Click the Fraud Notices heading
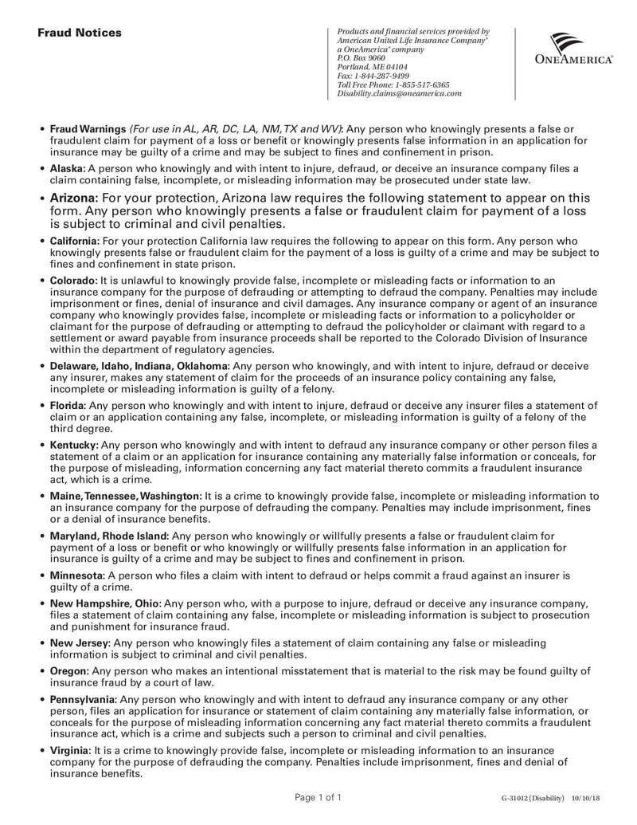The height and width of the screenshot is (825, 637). [x=80, y=33]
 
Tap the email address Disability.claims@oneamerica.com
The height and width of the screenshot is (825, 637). [x=399, y=93]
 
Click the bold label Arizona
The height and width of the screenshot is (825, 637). [x=73, y=198]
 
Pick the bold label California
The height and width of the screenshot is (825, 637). [x=74, y=241]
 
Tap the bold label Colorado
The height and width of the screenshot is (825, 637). [x=73, y=281]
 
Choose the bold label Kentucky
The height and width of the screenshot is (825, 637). [x=74, y=445]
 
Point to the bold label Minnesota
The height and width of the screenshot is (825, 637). [x=76, y=575]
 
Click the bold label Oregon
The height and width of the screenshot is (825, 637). [x=69, y=672]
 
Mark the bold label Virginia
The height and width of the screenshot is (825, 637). [x=70, y=751]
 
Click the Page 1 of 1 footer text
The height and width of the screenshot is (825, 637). [x=318, y=797]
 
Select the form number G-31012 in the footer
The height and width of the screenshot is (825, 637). [x=517, y=798]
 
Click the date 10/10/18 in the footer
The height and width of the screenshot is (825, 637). [x=587, y=798]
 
